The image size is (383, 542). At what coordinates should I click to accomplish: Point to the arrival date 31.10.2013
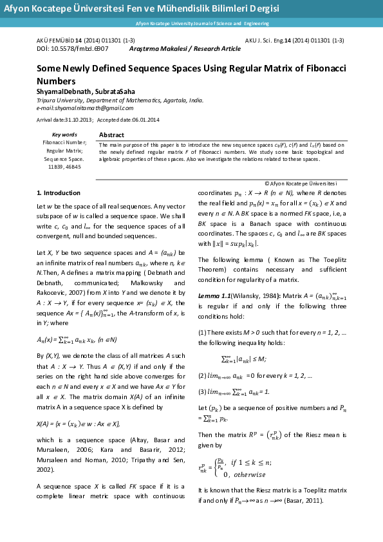click(x=78, y=120)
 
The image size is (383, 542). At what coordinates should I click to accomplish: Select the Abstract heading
click(x=112, y=135)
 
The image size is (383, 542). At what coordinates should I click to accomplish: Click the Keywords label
click(x=64, y=135)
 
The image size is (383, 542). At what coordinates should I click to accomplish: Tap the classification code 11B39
click(x=56, y=166)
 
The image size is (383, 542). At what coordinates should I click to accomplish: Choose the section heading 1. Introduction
click(x=59, y=192)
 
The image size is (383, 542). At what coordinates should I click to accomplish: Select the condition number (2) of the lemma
click(x=201, y=375)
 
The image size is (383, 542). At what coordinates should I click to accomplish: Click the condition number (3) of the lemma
click(x=201, y=392)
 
